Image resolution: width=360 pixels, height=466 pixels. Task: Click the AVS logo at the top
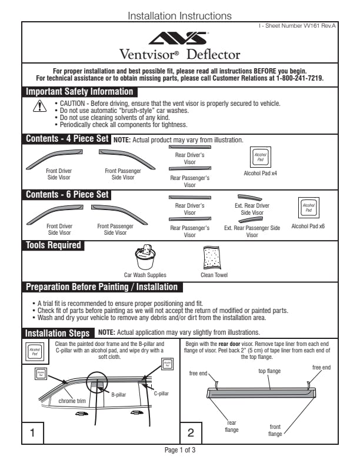click(179, 39)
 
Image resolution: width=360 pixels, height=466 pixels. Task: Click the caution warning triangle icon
click(39, 106)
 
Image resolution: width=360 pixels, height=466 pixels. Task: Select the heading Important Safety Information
click(79, 92)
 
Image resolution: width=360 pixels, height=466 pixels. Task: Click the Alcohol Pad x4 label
click(260, 174)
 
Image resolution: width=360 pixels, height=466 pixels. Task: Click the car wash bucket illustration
click(145, 256)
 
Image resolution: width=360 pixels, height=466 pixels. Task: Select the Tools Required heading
click(53, 245)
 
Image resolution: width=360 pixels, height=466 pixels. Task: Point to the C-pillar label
click(162, 392)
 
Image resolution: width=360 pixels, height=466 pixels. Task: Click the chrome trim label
click(72, 401)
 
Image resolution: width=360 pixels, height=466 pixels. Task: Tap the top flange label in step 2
click(270, 371)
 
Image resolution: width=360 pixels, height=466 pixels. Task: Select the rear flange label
click(231, 426)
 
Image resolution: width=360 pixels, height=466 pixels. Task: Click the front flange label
click(275, 430)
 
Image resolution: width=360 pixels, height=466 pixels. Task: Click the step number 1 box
click(33, 433)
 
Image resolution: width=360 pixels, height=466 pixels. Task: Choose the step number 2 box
click(191, 433)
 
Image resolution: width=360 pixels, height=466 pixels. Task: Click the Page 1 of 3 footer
click(179, 450)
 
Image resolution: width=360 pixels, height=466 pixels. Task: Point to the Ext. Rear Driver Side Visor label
click(252, 209)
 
